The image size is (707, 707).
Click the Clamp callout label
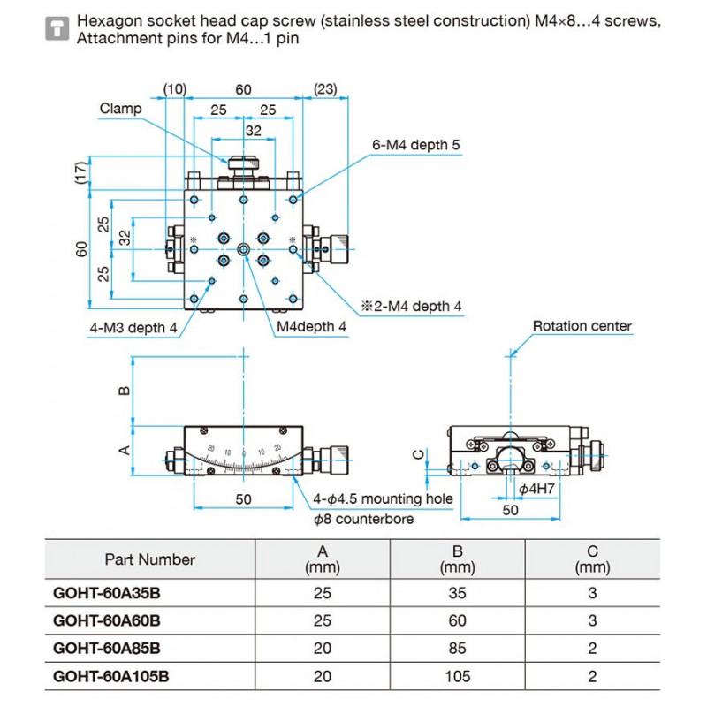(x=120, y=109)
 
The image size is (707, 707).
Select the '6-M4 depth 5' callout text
(x=415, y=145)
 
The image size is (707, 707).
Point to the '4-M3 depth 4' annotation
(x=133, y=328)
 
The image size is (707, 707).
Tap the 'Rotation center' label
(x=582, y=326)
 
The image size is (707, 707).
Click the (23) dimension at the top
(x=325, y=89)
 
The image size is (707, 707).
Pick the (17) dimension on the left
(x=81, y=172)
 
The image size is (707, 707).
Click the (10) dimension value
(x=174, y=89)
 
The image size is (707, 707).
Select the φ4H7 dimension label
(x=536, y=489)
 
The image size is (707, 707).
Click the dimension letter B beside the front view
(x=125, y=391)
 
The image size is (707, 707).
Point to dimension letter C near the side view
(x=419, y=454)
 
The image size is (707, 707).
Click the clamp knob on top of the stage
(x=244, y=163)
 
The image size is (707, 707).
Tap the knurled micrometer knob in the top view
(x=340, y=249)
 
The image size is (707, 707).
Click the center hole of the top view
(x=244, y=249)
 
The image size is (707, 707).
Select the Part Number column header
(x=149, y=559)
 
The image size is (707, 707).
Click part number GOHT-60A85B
(x=106, y=649)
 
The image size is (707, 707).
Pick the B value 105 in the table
(x=457, y=676)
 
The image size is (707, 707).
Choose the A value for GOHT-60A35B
(x=323, y=593)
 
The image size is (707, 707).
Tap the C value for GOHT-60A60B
(x=592, y=621)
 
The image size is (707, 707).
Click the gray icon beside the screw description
(x=57, y=29)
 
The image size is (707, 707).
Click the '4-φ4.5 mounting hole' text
(x=383, y=499)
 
